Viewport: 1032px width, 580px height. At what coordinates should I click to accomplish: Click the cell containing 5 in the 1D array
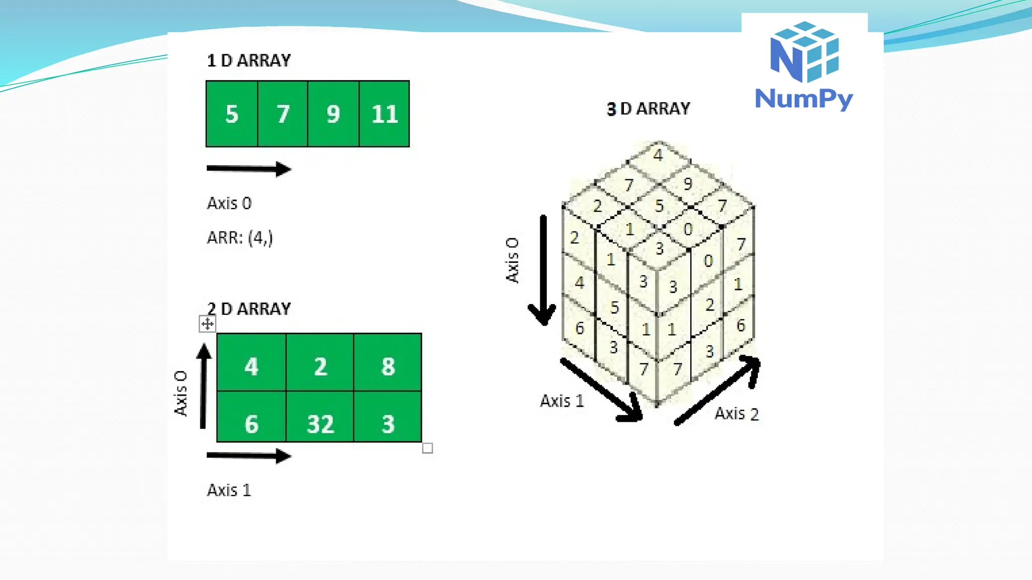232,114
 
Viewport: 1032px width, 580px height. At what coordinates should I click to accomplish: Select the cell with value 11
384,114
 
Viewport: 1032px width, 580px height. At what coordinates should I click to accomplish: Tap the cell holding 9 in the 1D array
333,114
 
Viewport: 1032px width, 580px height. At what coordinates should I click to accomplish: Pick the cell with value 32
320,423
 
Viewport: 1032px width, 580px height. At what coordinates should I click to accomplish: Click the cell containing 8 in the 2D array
388,366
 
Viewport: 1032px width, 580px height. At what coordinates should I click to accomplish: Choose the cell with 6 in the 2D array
251,423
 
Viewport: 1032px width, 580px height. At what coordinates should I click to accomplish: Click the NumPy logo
804,65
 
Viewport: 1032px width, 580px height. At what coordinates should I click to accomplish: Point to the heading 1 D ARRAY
249,60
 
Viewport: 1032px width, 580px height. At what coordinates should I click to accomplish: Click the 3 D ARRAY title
649,108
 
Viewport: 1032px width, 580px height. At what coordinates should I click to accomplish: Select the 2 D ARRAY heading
249,309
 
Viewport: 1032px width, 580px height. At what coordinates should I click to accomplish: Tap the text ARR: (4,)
240,238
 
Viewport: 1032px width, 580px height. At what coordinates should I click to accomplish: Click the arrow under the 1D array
249,169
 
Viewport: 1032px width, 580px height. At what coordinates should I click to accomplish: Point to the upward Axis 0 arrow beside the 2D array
204,386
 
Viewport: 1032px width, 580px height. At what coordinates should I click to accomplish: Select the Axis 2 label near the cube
736,414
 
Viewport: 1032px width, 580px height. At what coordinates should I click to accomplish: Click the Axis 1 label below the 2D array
229,490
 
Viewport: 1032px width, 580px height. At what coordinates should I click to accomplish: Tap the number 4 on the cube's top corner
658,155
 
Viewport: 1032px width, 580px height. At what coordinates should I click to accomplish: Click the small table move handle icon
207,324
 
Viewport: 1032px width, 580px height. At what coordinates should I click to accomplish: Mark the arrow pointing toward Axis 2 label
718,391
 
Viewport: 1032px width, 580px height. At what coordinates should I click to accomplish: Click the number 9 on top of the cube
688,184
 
